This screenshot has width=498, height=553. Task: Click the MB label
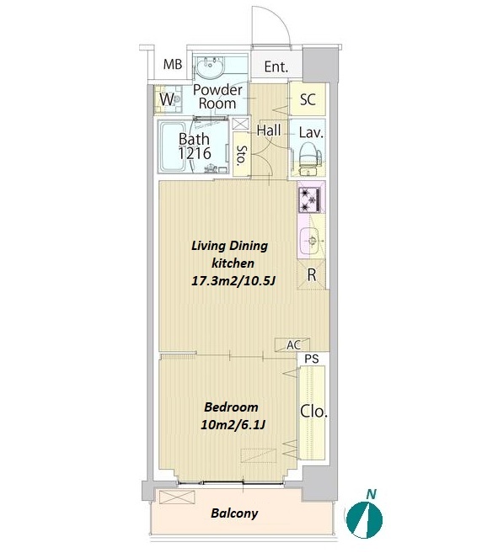tap(173, 64)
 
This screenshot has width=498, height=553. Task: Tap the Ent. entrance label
tap(276, 66)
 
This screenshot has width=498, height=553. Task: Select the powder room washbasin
tap(210, 66)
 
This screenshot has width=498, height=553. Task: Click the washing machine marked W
tap(168, 99)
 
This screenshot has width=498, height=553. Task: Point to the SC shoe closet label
tap(308, 99)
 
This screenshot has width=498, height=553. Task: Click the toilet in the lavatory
tap(309, 158)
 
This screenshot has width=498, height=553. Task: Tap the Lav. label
tap(311, 133)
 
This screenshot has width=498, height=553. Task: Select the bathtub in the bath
tap(173, 146)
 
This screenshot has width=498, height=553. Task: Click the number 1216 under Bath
tap(195, 153)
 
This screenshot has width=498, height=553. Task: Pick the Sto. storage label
tap(241, 155)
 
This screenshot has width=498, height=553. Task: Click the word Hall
tap(269, 130)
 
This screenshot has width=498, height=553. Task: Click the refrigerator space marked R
tap(311, 274)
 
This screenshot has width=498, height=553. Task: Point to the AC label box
tap(292, 344)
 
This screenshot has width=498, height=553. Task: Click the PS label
tap(312, 359)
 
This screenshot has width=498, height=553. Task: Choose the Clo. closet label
tap(313, 412)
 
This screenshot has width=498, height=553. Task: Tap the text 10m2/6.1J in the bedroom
tap(233, 425)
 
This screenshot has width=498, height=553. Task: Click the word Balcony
tap(234, 513)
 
